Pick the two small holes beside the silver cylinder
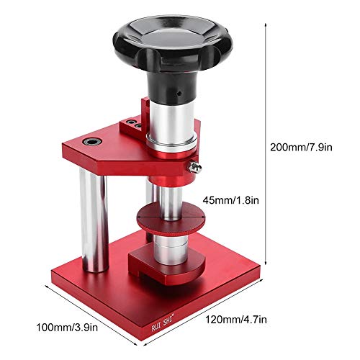(134, 125)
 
